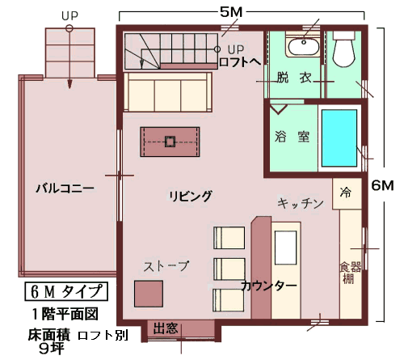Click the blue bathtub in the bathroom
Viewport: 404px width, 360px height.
pyautogui.click(x=339, y=138)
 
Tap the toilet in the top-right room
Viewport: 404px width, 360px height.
pyautogui.click(x=343, y=49)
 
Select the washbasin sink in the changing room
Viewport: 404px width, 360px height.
pyautogui.click(x=304, y=46)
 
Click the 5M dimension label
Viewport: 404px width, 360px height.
pyautogui.click(x=231, y=12)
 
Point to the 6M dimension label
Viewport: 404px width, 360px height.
pyautogui.click(x=382, y=185)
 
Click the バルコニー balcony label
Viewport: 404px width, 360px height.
pyautogui.click(x=65, y=188)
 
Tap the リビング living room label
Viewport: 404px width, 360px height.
pyautogui.click(x=191, y=196)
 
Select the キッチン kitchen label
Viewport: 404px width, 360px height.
pyautogui.click(x=301, y=203)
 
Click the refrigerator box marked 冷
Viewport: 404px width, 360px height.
pyautogui.click(x=347, y=193)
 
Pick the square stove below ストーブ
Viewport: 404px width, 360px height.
pyautogui.click(x=149, y=294)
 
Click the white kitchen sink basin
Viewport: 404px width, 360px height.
pyautogui.click(x=285, y=248)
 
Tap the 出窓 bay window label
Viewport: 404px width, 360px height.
pyautogui.click(x=166, y=328)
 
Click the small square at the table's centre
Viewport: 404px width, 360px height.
pyautogui.click(x=170, y=142)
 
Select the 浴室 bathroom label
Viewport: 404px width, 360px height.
pyautogui.click(x=292, y=137)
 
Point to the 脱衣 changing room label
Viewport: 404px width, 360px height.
pyautogui.click(x=294, y=78)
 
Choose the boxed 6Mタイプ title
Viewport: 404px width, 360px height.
pyautogui.click(x=66, y=291)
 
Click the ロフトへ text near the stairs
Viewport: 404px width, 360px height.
pyautogui.click(x=240, y=62)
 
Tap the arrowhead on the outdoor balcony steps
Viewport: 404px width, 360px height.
pyautogui.click(x=69, y=84)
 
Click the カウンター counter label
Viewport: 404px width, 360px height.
pyautogui.click(x=269, y=286)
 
